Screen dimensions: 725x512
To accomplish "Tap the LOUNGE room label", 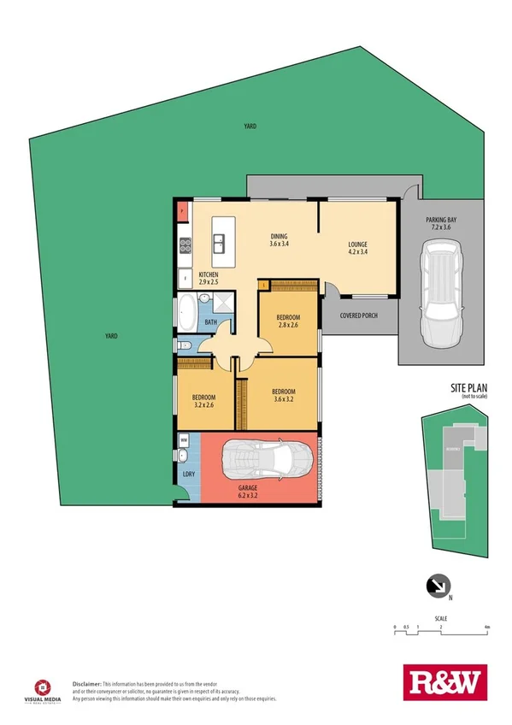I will coord(357,247).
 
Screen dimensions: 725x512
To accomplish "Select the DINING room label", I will coord(279,240).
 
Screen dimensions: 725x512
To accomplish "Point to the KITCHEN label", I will coord(209,277).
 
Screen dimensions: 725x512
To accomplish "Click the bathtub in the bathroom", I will coord(185,314).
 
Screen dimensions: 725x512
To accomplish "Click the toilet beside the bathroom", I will coord(185,345).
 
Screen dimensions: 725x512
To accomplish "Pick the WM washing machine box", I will coord(184,442).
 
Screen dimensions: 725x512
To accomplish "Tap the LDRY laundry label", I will coord(185,474).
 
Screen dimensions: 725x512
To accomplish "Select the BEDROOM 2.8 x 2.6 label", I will coord(288,321).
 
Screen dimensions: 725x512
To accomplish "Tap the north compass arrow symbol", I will coord(437,586).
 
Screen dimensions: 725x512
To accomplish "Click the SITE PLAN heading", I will coord(469,388).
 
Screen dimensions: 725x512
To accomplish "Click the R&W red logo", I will coord(442,682).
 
